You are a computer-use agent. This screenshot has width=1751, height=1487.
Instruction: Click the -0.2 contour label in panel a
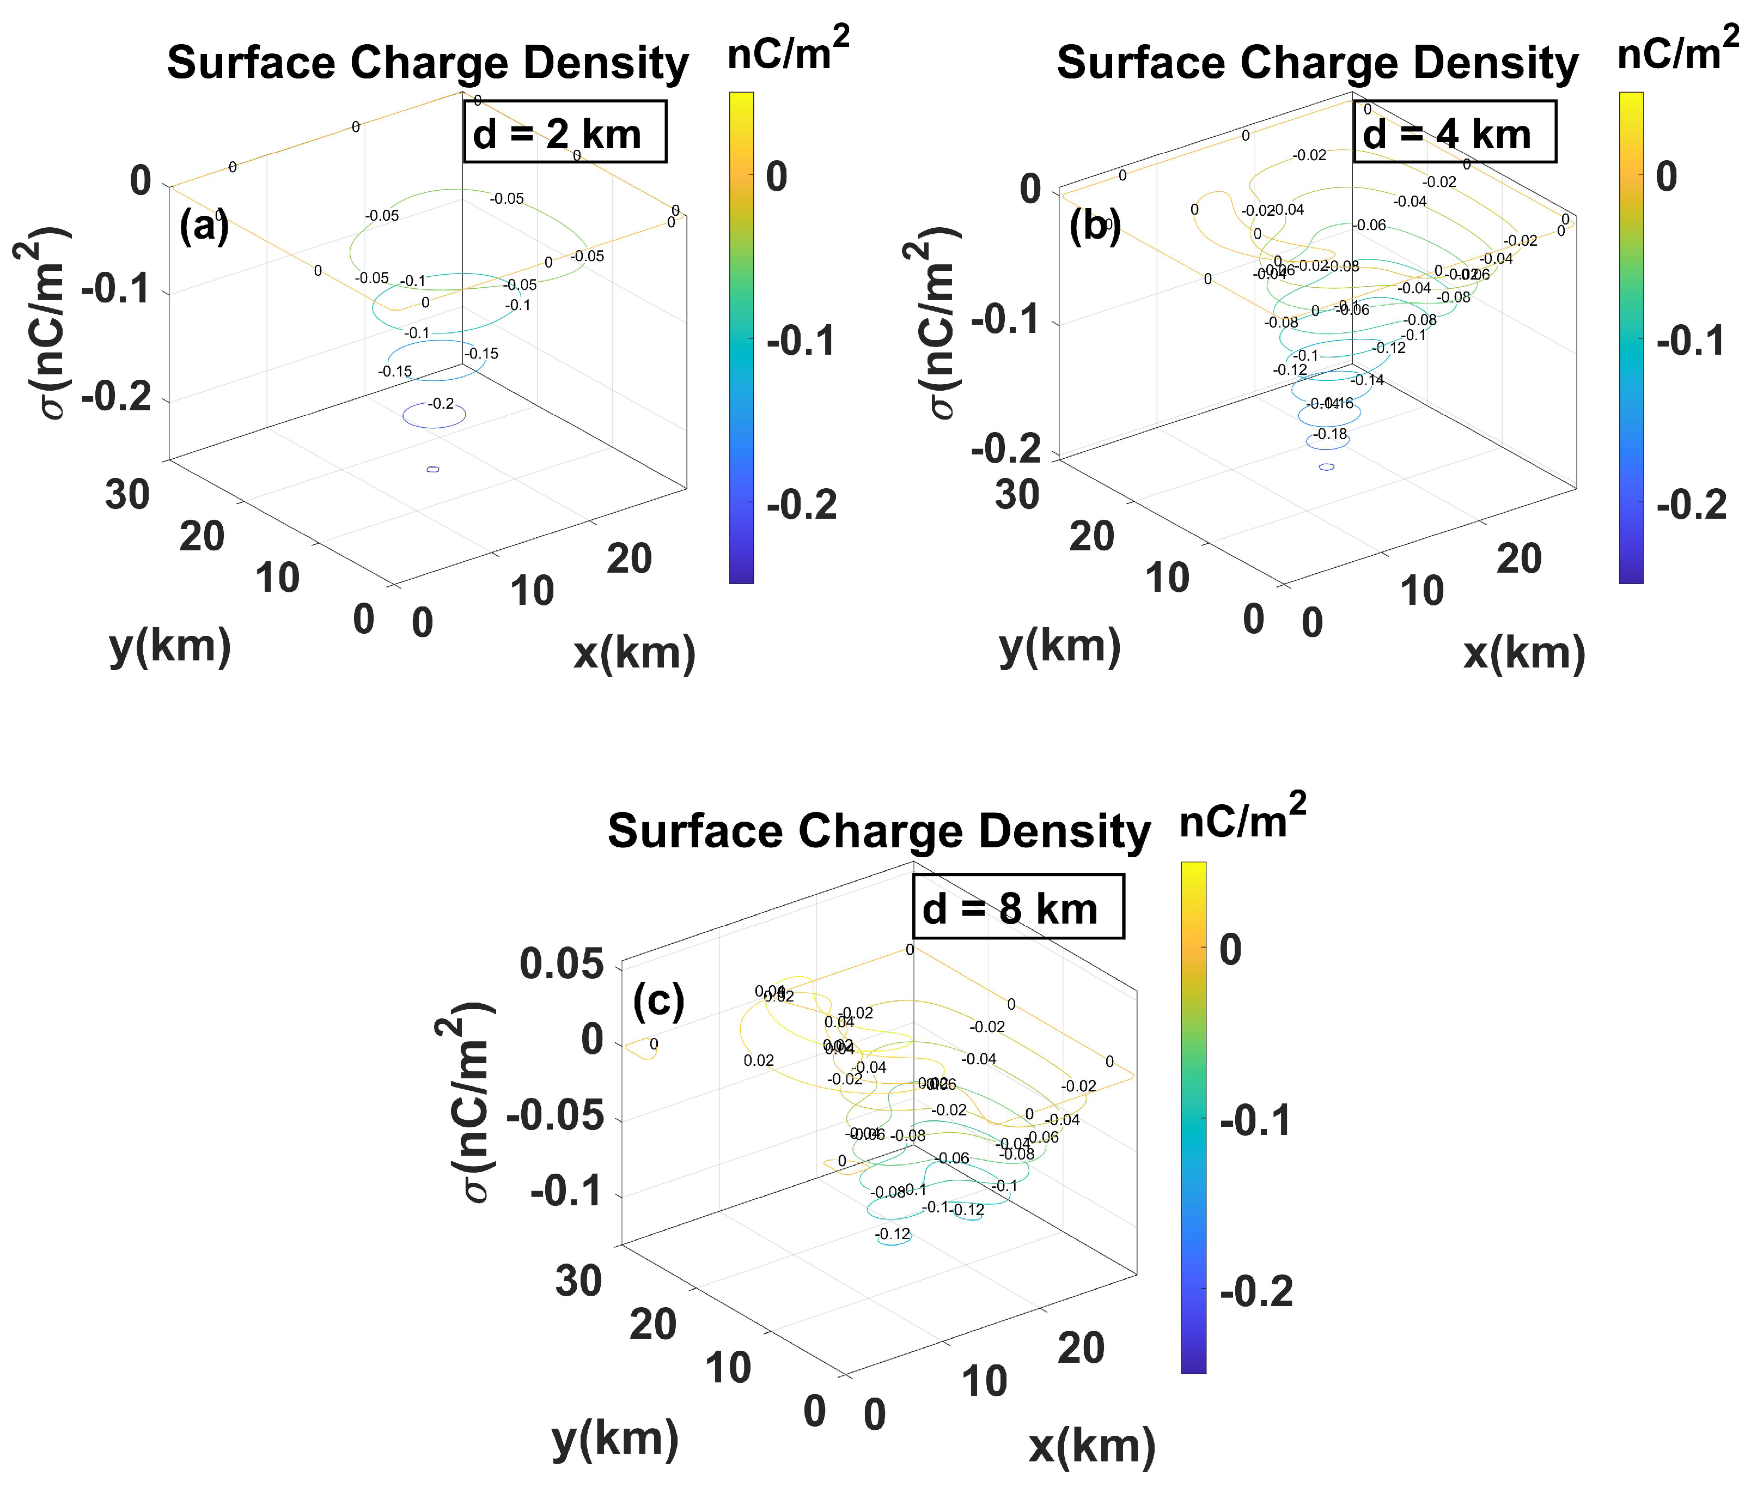(441, 404)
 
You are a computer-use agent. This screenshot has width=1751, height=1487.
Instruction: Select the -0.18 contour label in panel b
(1332, 434)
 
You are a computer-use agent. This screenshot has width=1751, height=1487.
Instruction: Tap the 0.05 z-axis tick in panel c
(561, 963)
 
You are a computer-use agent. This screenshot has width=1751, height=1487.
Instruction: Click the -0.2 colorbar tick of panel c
(1255, 1291)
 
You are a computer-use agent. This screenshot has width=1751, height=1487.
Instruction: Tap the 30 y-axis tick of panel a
(127, 495)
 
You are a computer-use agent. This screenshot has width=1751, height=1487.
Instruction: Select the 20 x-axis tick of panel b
(1518, 559)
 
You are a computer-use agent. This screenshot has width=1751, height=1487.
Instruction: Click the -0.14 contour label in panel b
(1369, 380)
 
